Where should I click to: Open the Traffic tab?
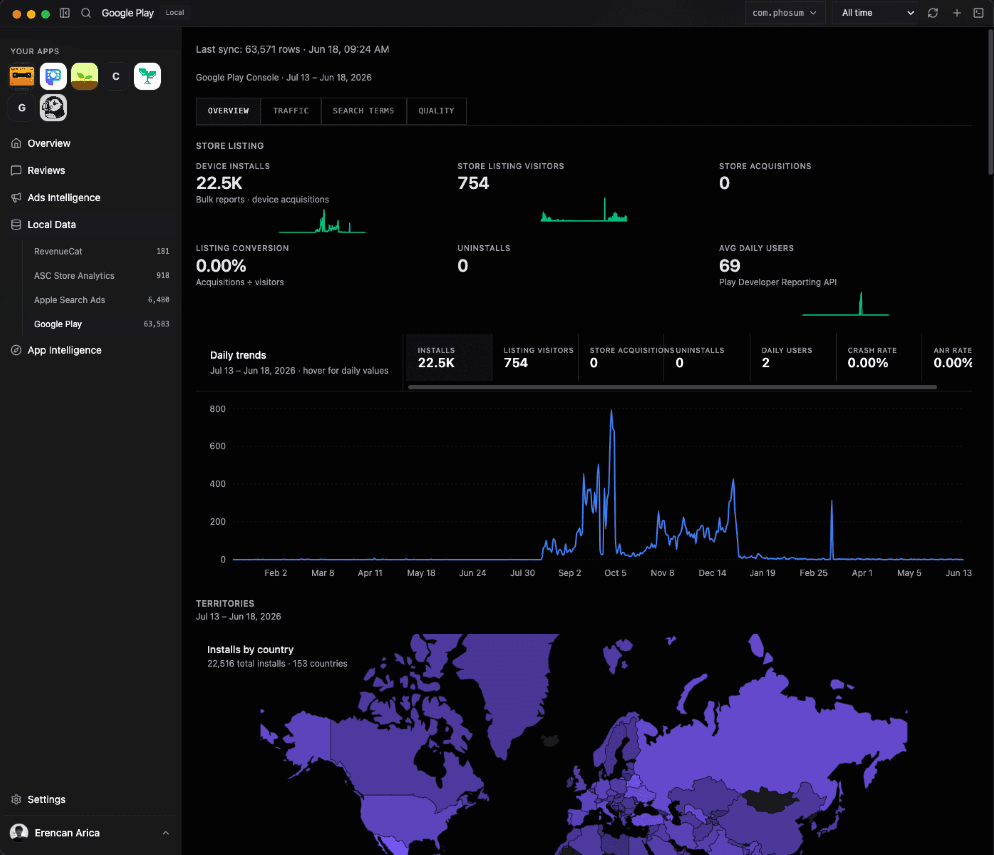pos(291,111)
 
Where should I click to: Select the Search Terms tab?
pos(363,111)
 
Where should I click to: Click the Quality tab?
pos(436,111)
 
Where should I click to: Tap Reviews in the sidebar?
pos(46,170)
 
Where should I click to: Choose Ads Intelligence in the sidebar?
pos(64,198)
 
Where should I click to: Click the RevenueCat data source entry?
pos(58,251)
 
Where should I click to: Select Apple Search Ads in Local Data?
pos(70,300)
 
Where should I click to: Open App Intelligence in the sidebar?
pos(64,350)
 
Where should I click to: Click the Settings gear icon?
pos(16,799)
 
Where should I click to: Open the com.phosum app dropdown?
pos(784,13)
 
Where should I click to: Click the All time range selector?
pos(873,13)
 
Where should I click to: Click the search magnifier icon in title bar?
pos(86,13)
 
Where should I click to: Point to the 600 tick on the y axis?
pos(217,446)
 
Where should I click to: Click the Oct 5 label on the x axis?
pos(615,573)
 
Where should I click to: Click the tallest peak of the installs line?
pos(611,410)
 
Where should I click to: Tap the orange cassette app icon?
pos(22,76)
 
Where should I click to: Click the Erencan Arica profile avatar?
pos(19,833)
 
